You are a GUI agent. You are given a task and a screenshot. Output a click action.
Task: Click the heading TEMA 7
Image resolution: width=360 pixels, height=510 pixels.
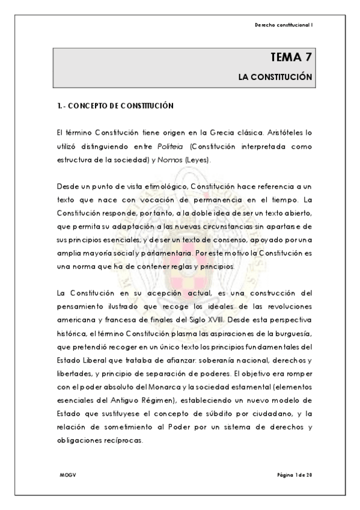pos(291,58)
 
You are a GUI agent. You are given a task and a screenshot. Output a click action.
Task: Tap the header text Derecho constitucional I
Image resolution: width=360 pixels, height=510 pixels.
pos(284,25)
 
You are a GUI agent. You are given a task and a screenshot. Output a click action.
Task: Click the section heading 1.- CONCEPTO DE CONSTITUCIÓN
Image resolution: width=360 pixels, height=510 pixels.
pos(112,106)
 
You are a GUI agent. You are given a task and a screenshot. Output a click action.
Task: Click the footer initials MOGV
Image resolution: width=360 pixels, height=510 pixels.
pos(67,475)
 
